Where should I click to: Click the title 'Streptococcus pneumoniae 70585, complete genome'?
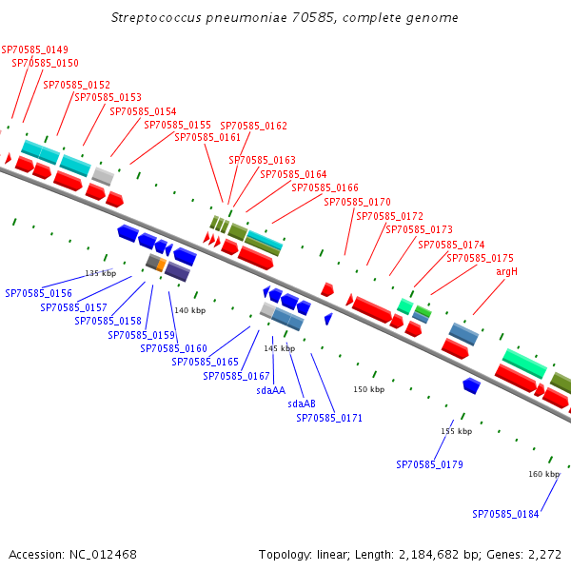point(285,18)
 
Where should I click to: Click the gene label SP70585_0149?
point(34,50)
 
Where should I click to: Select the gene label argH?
point(506,271)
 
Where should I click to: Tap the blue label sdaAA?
point(270,389)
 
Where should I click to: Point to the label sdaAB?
point(301,404)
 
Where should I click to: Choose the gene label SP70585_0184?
point(505,514)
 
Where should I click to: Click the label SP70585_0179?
point(429,464)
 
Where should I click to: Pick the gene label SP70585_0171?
point(329,418)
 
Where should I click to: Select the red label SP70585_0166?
point(325,188)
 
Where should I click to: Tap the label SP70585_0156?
point(38,293)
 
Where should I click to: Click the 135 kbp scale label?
point(100,273)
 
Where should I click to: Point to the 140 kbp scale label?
point(189,310)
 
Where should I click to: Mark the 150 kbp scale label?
point(368,389)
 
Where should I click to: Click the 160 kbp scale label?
point(543,473)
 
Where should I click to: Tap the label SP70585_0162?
point(253,126)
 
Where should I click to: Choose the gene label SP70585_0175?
point(480,258)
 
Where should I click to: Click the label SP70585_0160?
point(173,348)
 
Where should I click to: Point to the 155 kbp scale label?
point(456,431)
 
